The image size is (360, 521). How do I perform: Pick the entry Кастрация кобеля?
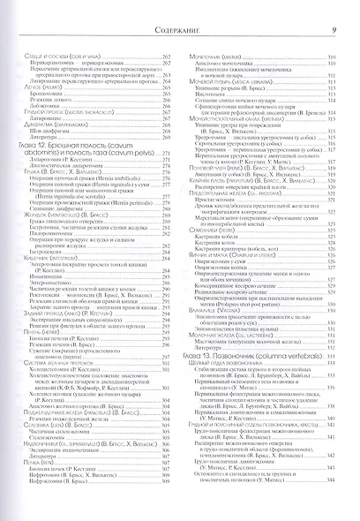click(x=224, y=260)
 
